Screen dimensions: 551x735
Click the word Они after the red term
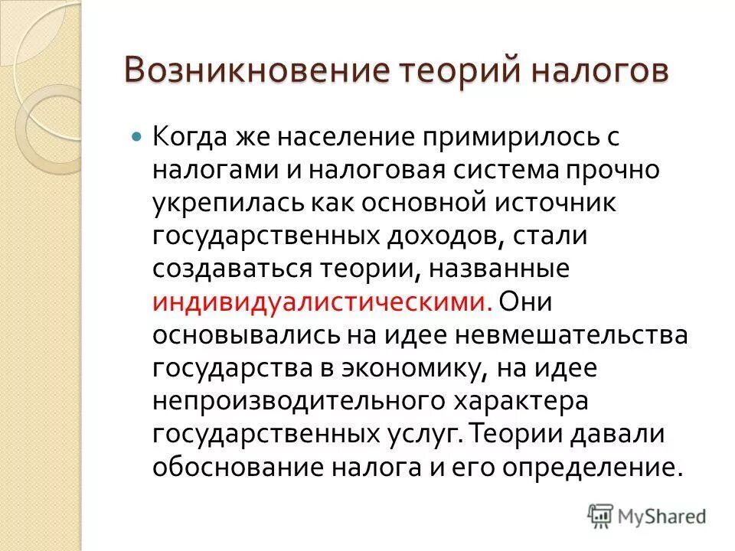(531, 302)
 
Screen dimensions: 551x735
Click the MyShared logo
(647, 515)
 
